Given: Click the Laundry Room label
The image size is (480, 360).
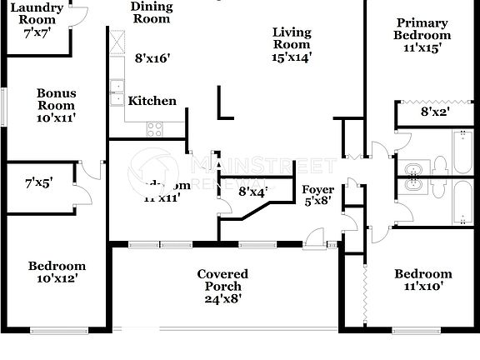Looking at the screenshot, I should click(x=37, y=13).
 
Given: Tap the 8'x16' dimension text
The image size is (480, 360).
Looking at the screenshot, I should click(x=152, y=58).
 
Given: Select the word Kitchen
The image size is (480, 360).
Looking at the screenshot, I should click(x=152, y=101).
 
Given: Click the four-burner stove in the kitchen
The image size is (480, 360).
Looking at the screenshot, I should click(x=155, y=127).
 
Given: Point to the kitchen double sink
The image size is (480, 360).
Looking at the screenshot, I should click(x=117, y=92).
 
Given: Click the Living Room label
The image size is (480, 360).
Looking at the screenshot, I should click(x=292, y=38).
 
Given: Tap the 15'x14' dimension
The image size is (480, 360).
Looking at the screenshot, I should click(x=292, y=58).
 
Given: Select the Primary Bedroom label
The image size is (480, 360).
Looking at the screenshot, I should click(x=422, y=29).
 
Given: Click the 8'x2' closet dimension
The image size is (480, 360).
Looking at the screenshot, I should click(x=434, y=111).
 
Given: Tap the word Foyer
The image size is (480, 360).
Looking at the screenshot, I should click(x=317, y=190).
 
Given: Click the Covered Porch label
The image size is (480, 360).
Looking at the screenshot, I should click(x=222, y=280).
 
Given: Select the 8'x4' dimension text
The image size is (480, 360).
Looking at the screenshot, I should click(x=252, y=192).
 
